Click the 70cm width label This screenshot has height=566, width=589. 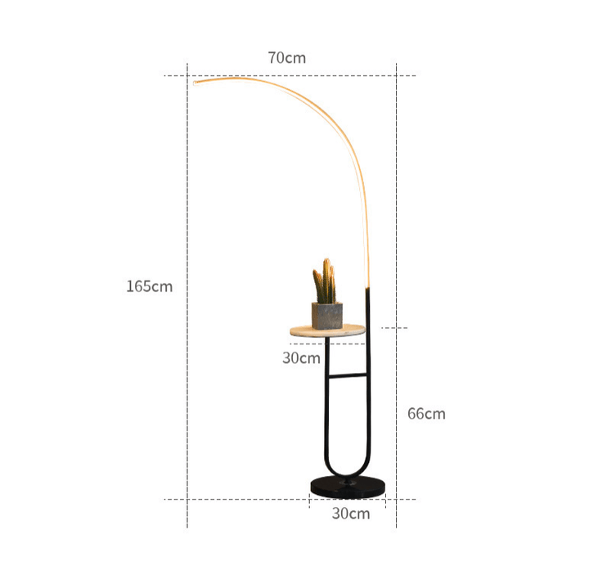(x=287, y=58)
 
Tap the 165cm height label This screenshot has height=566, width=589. (x=150, y=286)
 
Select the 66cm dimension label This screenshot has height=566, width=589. (x=426, y=414)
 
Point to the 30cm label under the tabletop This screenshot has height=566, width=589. (x=301, y=358)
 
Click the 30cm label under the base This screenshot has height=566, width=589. (x=351, y=514)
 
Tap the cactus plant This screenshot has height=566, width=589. (x=325, y=281)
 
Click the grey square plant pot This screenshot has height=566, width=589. (x=327, y=316)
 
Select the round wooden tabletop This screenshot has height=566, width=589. (x=327, y=330)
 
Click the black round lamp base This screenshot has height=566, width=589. (x=348, y=487)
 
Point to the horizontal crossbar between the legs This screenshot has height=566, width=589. (x=347, y=375)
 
